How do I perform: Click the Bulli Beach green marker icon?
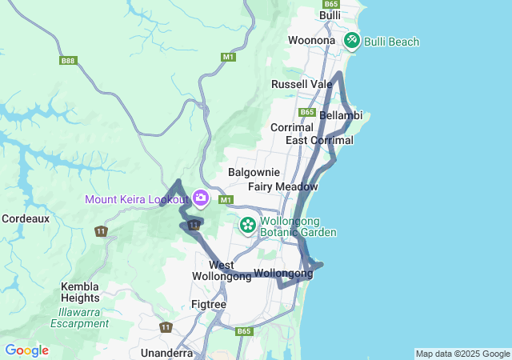tap(352, 40)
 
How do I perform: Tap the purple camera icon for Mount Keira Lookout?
tap(201, 198)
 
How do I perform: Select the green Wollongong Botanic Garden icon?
tap(248, 225)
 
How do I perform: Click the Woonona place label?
tap(312, 40)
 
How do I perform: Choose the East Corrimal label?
tap(319, 141)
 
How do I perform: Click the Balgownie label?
tap(254, 172)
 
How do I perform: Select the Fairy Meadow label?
tap(283, 187)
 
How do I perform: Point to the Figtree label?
tap(210, 305)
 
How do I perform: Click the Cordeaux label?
tap(26, 218)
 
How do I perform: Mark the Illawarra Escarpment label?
tap(79, 318)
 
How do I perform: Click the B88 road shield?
tap(67, 60)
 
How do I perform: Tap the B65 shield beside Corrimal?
tap(307, 113)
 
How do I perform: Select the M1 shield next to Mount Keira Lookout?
tap(226, 199)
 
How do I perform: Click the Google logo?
tap(26, 350)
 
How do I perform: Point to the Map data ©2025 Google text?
tap(462, 354)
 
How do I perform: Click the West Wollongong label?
tap(222, 270)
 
